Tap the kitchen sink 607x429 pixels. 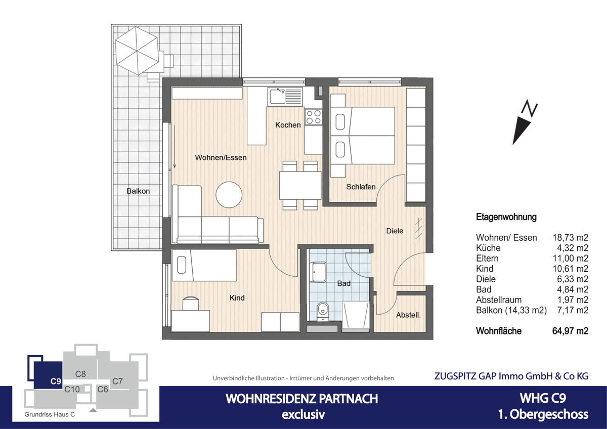point(285,96)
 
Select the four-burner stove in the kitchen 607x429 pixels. point(313,117)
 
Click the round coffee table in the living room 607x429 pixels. point(229,194)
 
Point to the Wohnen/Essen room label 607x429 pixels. point(221,158)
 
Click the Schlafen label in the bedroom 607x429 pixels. point(361,187)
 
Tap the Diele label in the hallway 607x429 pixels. point(395,231)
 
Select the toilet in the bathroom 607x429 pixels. point(322,311)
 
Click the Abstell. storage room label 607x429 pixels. point(408,315)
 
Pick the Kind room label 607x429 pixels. point(237,298)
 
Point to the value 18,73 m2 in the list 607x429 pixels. point(571,238)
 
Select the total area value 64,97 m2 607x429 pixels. point(570,331)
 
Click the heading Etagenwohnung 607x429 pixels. point(506,218)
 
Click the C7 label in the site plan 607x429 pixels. point(118,381)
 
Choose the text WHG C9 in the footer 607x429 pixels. point(543,398)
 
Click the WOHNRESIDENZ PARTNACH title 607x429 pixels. point(301,399)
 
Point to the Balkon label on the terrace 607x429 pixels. point(138,191)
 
